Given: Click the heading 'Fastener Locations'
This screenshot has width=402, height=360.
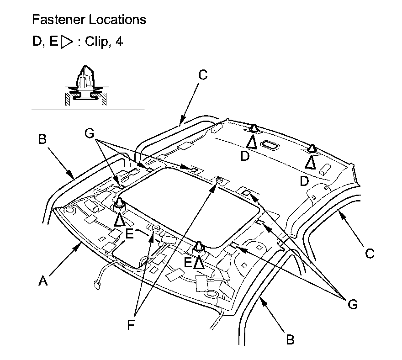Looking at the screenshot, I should click(x=89, y=20).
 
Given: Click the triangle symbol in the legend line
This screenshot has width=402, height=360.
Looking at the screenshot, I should click(x=67, y=42).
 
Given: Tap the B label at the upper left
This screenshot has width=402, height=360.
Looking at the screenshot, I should click(x=42, y=139).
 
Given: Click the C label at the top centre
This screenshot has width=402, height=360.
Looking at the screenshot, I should click(x=203, y=75).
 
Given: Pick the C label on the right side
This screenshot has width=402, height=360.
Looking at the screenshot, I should click(x=370, y=253).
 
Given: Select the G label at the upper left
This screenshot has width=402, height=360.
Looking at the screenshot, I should click(x=90, y=133).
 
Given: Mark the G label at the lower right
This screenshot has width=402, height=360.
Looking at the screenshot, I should click(x=352, y=304).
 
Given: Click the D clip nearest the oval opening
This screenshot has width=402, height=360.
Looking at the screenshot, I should click(x=254, y=128).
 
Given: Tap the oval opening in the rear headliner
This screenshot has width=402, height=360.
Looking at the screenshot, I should click(x=269, y=146).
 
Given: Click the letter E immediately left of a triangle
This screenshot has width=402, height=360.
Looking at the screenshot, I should click(x=188, y=262).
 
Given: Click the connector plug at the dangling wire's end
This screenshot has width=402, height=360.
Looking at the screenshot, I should click(x=97, y=286).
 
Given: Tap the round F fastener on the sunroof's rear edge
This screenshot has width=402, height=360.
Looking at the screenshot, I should click(x=219, y=181).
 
